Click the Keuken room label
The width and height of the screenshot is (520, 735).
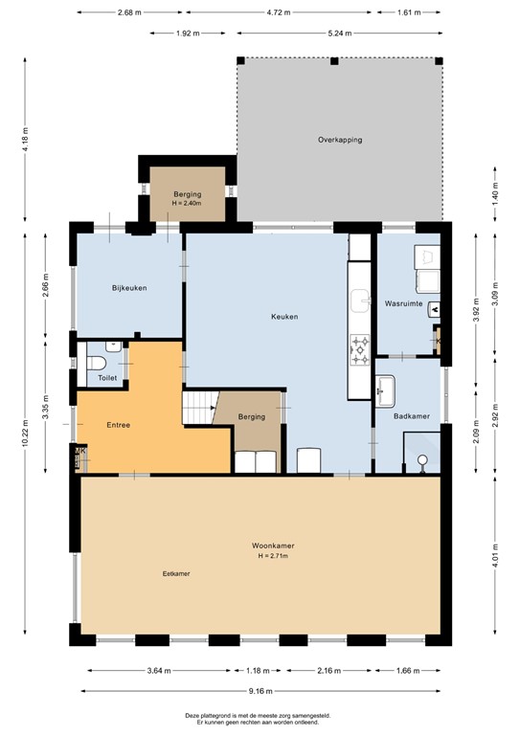pos(284,317)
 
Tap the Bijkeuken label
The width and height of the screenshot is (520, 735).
pos(129,288)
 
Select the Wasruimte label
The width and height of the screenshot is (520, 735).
pos(403,303)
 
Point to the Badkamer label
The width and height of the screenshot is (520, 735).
pos(411,415)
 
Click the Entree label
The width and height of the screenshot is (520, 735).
pos(118,425)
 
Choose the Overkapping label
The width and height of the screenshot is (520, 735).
pos(340,140)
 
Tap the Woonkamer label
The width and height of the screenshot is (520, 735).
pos(273,546)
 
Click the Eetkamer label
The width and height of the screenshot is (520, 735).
pos(176,573)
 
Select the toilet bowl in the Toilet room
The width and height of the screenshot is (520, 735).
pos(97,364)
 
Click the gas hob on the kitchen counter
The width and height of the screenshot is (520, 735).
pos(360,349)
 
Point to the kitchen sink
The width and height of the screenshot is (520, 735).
pos(361,301)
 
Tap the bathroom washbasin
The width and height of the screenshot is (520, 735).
pos(385,390)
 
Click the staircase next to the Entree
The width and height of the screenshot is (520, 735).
pos(200,408)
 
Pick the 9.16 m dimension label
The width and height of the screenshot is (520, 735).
pos(260,690)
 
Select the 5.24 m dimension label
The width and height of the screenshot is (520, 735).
pos(339,33)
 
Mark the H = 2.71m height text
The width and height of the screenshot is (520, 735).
pos(273,556)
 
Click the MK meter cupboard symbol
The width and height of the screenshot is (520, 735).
pos(79,451)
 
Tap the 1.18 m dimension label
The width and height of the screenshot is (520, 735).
pos(258,671)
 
